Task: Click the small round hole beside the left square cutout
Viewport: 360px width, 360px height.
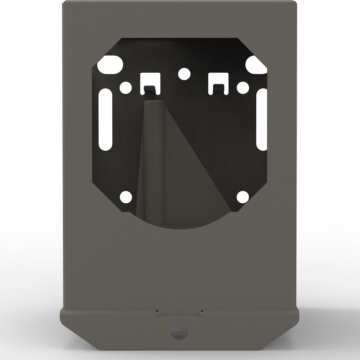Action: [x=126, y=88]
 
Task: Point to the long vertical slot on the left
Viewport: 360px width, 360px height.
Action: [x=106, y=119]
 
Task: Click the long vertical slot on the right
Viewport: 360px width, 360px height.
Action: [x=262, y=119]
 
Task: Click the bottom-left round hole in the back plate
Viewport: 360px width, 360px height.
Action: [x=126, y=197]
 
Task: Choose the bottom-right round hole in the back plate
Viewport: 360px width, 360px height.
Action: [x=242, y=197]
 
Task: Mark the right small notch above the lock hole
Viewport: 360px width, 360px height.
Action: [x=201, y=313]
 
